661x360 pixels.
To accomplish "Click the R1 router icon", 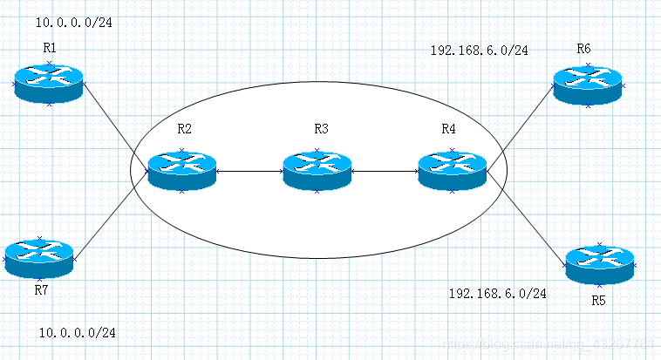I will [50, 84].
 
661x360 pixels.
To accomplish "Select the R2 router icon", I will [181, 170].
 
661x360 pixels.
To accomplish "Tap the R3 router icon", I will [317, 170].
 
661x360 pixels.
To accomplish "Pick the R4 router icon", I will [452, 170].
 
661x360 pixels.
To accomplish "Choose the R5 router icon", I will [599, 262].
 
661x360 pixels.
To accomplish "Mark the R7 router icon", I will [40, 257].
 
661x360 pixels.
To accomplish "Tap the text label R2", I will [184, 129].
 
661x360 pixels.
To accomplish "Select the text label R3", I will [321, 129].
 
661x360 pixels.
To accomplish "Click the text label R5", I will [598, 301].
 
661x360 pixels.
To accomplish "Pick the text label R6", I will [583, 46].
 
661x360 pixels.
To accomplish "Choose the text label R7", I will [41, 289].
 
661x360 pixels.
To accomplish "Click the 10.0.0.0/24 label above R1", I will [74, 22].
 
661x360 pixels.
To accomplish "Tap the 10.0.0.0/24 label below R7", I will [78, 332].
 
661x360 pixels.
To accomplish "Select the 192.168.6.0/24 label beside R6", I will [479, 50].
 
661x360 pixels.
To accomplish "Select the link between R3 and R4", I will [384, 171].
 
